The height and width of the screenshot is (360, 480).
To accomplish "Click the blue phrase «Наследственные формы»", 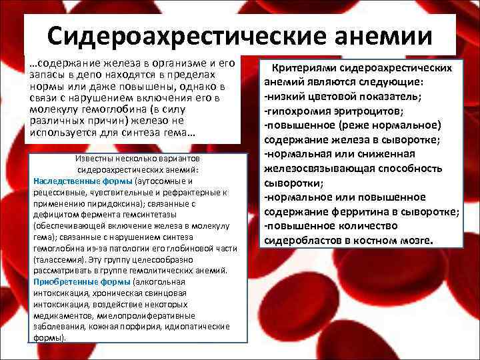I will point(83,181).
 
